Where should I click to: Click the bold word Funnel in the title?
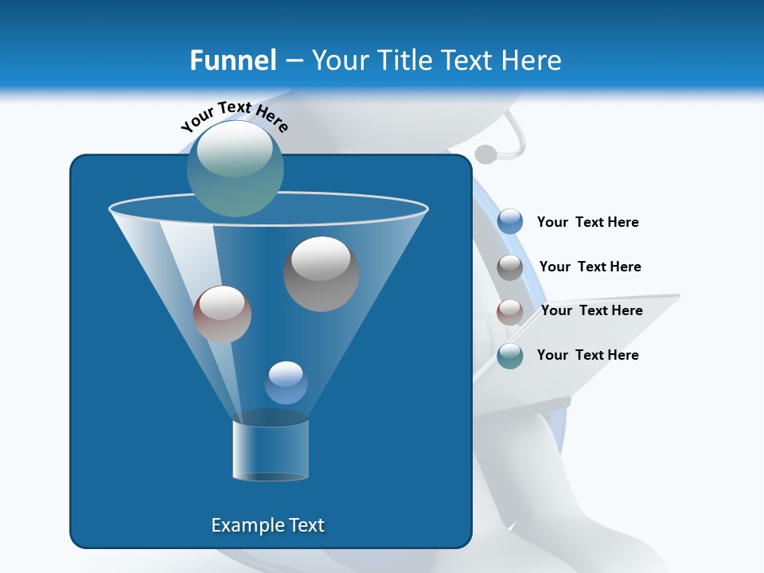[232, 60]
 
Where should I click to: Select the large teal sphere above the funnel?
[236, 169]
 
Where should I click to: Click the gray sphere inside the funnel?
[321, 274]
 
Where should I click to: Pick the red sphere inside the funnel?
[222, 314]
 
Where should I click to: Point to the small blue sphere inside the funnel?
[286, 383]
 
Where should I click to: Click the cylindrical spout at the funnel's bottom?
[271, 450]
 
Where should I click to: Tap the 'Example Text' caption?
[267, 525]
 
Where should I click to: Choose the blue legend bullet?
[510, 222]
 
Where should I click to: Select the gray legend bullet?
[510, 267]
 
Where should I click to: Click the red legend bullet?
[510, 312]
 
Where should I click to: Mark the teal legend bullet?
[510, 356]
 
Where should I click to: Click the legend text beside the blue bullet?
[587, 223]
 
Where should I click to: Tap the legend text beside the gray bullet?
[590, 267]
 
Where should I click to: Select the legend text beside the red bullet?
[591, 311]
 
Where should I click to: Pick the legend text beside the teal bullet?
[587, 356]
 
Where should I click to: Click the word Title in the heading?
[407, 60]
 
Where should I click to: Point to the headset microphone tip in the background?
[485, 154]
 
